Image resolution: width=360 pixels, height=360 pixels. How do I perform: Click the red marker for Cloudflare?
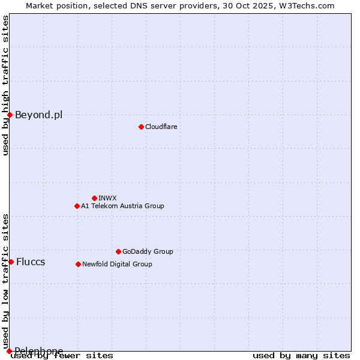click(141, 127)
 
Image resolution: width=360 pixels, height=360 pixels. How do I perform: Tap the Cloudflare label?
click(161, 127)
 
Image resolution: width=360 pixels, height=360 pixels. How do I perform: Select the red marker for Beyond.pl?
click(10, 115)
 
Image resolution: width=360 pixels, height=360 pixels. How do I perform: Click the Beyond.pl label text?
click(38, 115)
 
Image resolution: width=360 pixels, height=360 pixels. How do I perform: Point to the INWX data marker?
click(94, 198)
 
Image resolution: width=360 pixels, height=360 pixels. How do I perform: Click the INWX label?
click(108, 199)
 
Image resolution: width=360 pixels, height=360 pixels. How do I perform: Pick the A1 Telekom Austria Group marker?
click(77, 206)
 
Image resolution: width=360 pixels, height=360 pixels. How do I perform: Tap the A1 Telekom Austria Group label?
click(122, 206)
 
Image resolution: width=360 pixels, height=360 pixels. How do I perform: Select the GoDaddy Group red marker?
click(118, 251)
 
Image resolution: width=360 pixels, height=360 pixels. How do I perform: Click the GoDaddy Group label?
click(148, 252)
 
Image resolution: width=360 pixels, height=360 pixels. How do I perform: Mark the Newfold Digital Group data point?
click(78, 264)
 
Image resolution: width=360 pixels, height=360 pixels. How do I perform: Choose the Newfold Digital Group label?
click(117, 265)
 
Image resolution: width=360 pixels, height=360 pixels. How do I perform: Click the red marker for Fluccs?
click(11, 262)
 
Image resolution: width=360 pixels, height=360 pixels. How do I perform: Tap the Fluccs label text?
click(31, 262)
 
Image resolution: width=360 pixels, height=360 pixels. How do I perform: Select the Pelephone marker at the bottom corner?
click(9, 351)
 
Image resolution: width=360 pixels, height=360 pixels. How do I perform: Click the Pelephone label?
click(39, 351)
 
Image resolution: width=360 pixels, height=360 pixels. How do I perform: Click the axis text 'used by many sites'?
click(301, 356)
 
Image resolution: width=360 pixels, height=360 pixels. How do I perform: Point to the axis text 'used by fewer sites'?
click(62, 356)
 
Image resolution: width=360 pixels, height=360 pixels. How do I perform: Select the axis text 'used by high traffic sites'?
click(6, 85)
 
